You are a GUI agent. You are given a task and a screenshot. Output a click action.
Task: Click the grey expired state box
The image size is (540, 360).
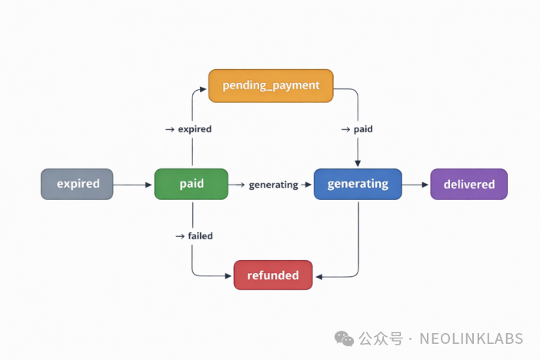pos(77,184)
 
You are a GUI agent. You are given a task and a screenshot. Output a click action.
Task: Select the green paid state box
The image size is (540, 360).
pos(191,184)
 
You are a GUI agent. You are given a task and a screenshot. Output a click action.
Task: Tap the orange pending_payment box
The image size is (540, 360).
pos(271,85)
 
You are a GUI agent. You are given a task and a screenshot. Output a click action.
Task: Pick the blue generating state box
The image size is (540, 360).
pos(358,184)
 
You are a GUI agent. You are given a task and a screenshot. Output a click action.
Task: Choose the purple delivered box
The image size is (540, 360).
pos(468,185)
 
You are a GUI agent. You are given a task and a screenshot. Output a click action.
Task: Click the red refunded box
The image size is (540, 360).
pos(273,275)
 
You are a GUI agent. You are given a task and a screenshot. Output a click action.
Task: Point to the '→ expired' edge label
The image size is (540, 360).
pos(188,129)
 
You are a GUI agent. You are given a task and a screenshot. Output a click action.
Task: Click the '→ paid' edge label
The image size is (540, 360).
pos(357,129)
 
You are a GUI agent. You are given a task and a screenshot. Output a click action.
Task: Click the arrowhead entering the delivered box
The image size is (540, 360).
pos(425,185)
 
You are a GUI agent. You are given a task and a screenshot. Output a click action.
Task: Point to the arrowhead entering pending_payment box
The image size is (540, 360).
pos(205,86)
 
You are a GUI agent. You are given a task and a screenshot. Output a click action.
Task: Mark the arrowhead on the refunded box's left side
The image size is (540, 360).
pos(230,275)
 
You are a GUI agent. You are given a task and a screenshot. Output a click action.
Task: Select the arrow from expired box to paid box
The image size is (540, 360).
pos(133,185)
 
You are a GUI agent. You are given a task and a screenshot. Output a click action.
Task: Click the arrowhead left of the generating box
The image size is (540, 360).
pos(309,185)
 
